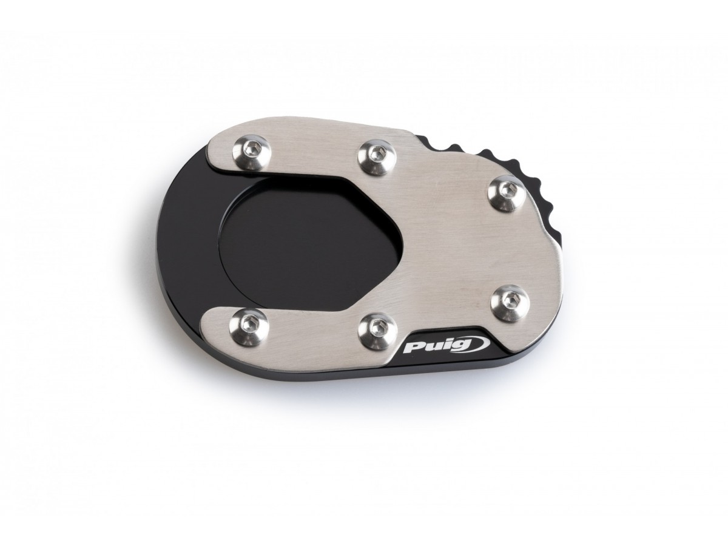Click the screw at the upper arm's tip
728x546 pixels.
pyautogui.click(x=249, y=152)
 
